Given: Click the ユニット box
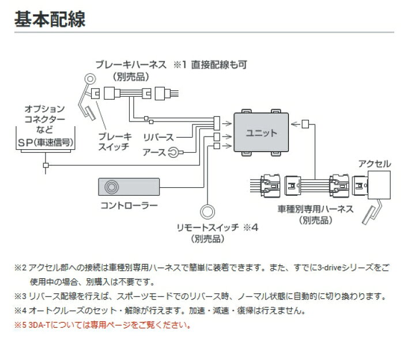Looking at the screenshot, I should pos(261,132).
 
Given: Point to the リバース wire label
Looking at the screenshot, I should pos(159,138).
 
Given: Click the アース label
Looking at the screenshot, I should pos(154,153).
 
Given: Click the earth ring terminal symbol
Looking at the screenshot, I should pos(174,153).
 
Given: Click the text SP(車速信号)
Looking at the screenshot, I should pos(46,141).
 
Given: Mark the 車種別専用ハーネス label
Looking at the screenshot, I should pos(316,209).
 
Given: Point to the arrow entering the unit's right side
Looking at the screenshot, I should pos(295,122).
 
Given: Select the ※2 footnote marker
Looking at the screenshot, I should pos(20,268).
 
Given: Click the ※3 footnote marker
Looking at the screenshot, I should pos(20,297).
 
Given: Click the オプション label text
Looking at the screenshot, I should pos(44,108).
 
